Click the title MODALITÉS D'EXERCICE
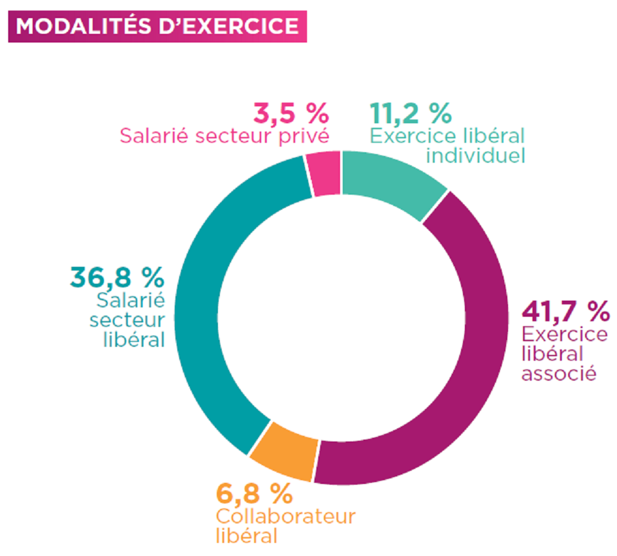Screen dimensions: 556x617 pos(157,26)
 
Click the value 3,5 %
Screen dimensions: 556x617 pos(291,114)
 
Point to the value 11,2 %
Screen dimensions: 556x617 pos(410,114)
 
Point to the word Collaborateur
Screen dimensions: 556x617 pos(286,517)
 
